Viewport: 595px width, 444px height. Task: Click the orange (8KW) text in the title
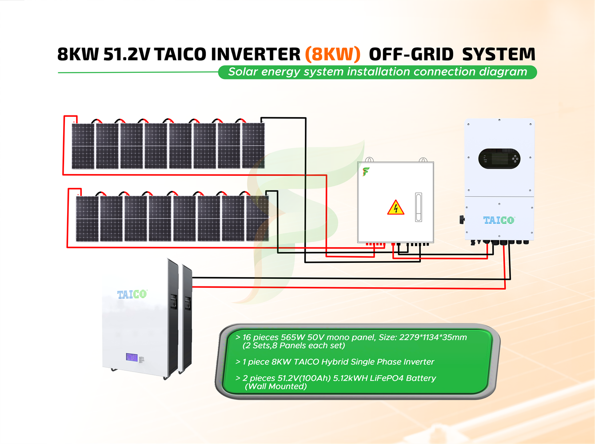coord(332,54)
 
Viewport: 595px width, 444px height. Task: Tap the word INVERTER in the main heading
coord(256,54)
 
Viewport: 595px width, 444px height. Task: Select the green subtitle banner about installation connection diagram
coord(377,72)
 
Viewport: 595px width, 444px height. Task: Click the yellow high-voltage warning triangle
coord(395,208)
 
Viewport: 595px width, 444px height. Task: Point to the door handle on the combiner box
coord(418,207)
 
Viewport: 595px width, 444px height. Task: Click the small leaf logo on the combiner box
coord(366,171)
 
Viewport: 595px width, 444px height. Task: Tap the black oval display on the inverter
coord(499,159)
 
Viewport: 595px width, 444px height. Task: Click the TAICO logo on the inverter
coord(499,220)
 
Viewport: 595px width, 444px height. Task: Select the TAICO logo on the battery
coord(132,294)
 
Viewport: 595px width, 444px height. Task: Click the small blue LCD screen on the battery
coord(132,357)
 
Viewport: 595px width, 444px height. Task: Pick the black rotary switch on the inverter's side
coord(462,219)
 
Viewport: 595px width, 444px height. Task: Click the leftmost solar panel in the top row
coord(83,146)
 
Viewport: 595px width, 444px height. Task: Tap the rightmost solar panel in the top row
coord(253,146)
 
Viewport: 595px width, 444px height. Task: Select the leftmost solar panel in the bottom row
coord(87,219)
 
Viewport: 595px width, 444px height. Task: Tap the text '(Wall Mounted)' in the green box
coord(276,386)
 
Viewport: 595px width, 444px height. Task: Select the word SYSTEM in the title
coord(499,54)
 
